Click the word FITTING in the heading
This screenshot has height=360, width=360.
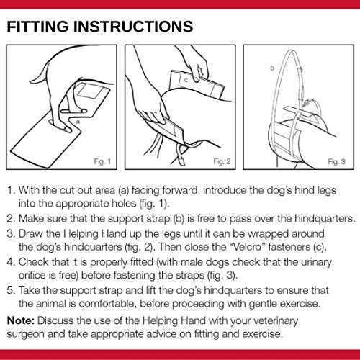[x=37, y=27]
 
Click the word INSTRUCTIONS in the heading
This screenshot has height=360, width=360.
[x=133, y=27]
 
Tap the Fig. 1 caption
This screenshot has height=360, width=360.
[x=102, y=161]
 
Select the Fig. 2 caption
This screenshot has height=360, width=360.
[x=222, y=161]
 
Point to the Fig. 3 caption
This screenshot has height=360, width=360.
[x=337, y=161]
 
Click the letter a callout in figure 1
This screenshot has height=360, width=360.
[x=78, y=122]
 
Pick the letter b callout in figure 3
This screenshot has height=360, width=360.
[x=272, y=68]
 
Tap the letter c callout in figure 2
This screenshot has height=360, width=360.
[x=186, y=80]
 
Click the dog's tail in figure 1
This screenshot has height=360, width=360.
[x=40, y=73]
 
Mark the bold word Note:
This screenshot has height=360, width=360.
[x=21, y=320]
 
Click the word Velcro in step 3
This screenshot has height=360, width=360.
[x=247, y=247]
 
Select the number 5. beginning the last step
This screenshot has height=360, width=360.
[x=12, y=290]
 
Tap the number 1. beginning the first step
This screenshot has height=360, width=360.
[x=12, y=190]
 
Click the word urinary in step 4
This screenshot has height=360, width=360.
[x=316, y=262]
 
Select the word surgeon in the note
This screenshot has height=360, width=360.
[x=25, y=335]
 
